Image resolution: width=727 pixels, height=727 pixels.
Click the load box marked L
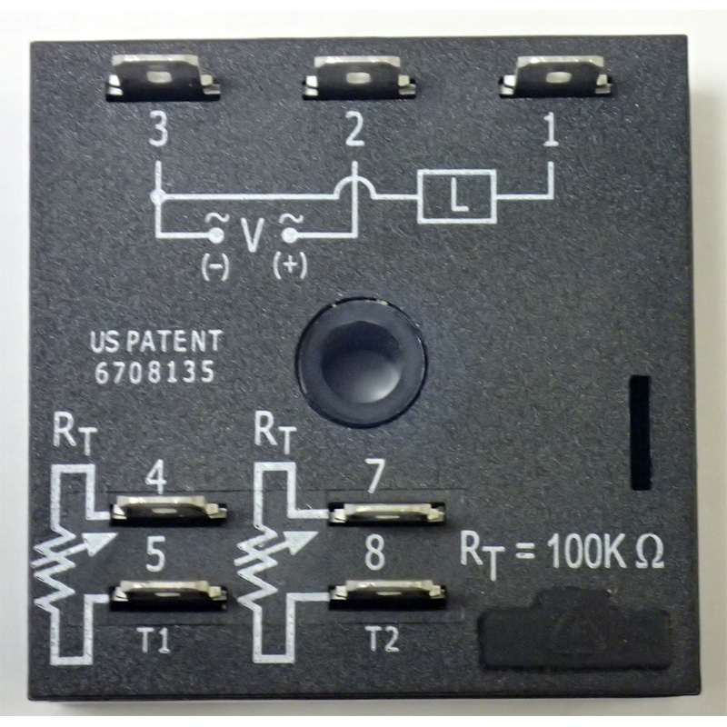click(x=457, y=196)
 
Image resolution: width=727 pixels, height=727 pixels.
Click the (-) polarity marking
click(x=215, y=268)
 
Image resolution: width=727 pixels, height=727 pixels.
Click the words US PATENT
click(x=154, y=342)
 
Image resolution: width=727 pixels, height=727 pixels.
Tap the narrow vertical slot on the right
click(x=640, y=433)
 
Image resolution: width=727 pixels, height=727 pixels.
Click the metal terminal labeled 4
click(x=168, y=510)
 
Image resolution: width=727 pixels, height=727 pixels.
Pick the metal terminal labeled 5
click(x=168, y=596)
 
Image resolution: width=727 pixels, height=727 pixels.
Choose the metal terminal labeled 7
click(x=387, y=513)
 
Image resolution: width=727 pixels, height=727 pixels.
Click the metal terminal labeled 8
click(x=388, y=595)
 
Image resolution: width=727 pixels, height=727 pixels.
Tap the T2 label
click(x=383, y=640)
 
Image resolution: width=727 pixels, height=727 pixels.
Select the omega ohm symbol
click(x=650, y=553)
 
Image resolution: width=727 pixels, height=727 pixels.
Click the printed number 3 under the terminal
click(x=159, y=132)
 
